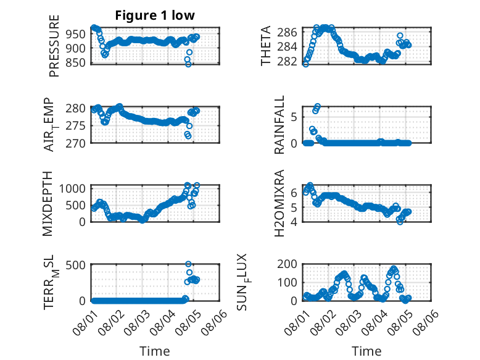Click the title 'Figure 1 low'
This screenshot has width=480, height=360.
click(155, 15)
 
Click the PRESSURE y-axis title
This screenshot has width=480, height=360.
click(54, 46)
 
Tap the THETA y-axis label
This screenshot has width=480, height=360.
click(266, 46)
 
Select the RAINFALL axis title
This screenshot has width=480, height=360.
click(279, 125)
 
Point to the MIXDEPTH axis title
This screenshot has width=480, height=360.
click(48, 204)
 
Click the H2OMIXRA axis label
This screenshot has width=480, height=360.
click(279, 203)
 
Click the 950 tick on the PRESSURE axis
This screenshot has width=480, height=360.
click(76, 34)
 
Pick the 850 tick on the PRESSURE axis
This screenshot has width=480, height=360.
click(76, 62)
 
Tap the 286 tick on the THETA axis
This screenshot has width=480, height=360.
click(287, 32)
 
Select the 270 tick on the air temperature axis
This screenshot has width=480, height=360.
click(76, 143)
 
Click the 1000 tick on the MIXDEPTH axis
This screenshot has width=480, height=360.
click(72, 188)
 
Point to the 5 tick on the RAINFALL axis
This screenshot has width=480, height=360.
click(294, 117)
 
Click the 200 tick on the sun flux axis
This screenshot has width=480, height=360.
click(287, 264)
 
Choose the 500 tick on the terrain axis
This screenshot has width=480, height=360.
click(76, 265)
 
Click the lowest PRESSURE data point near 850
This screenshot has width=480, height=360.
click(188, 64)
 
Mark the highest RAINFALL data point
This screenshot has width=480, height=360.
click(318, 106)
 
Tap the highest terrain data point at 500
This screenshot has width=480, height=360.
click(189, 264)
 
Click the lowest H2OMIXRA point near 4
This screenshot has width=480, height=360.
click(400, 222)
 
